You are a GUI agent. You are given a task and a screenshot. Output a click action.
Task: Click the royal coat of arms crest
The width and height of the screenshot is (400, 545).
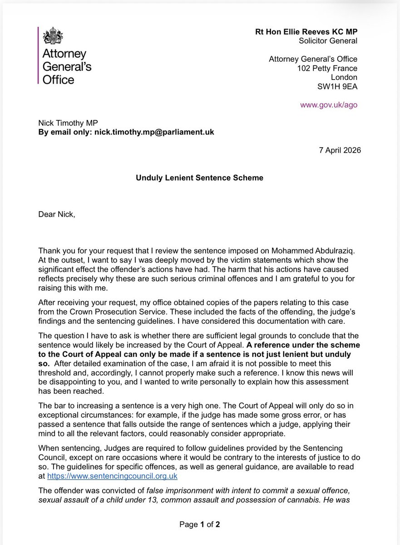click(x=51, y=36)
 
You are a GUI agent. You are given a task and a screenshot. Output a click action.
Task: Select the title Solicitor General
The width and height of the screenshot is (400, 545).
click(x=328, y=41)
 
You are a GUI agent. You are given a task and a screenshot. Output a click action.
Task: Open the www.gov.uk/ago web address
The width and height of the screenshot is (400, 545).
click(x=329, y=104)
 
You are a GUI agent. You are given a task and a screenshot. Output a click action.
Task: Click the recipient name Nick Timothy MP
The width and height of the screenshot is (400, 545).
click(x=70, y=123)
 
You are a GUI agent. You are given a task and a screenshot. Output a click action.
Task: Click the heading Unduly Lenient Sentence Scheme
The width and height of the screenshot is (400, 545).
click(x=199, y=178)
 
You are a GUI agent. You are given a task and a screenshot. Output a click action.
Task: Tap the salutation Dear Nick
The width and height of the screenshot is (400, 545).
click(x=57, y=214)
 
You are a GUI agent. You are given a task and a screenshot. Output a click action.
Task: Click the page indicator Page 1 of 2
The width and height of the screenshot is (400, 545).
click(x=200, y=525)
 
